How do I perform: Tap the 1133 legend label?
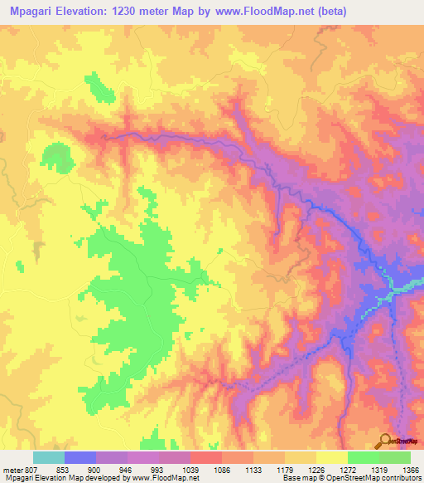point(253,468)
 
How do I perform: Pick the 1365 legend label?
point(410,468)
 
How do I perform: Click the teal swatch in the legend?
point(49,457)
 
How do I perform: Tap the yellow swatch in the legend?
point(331,457)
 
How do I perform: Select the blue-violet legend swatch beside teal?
point(80,457)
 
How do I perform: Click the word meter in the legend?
point(12,468)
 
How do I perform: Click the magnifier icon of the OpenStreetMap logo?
point(385,440)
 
